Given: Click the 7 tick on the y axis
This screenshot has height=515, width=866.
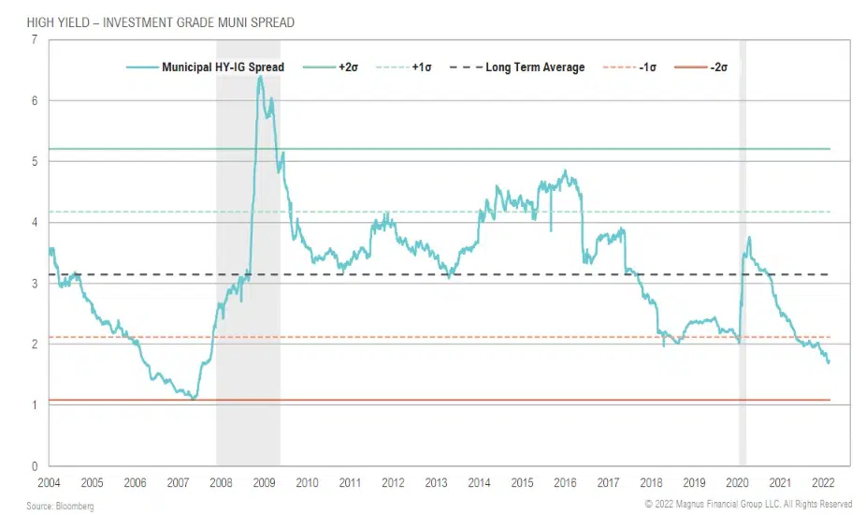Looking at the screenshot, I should click(x=34, y=40).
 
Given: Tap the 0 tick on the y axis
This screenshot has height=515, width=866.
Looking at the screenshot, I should click(x=34, y=466).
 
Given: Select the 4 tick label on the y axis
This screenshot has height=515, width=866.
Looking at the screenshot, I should click(x=34, y=223).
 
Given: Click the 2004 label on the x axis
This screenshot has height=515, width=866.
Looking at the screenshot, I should click(x=49, y=482).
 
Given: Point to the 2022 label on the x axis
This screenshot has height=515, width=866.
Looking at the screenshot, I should click(x=823, y=482).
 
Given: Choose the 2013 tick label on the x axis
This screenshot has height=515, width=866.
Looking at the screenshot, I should click(x=436, y=482).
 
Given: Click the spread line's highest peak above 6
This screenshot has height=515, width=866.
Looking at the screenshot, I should click(x=260, y=77).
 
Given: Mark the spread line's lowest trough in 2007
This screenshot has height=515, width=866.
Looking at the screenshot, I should click(x=194, y=399).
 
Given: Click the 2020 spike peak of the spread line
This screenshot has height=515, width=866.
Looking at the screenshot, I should click(x=749, y=238).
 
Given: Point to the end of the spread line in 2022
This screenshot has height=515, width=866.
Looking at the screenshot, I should click(x=829, y=362).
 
